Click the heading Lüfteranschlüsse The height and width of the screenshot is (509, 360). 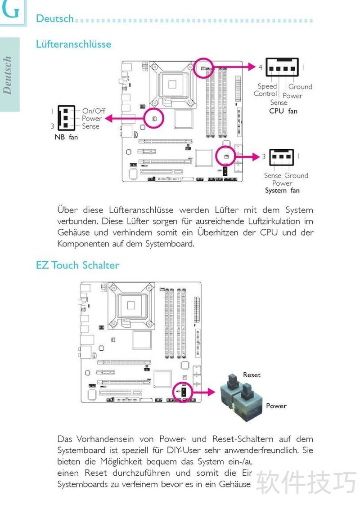[73, 44]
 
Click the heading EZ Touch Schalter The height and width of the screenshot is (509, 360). [77, 265]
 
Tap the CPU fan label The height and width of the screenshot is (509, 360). [283, 111]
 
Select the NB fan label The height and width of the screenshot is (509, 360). [66, 137]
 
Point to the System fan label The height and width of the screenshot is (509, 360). [282, 190]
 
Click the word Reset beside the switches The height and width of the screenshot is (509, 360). [252, 375]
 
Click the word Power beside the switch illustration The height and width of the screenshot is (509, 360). [276, 406]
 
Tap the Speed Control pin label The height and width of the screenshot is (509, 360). [266, 90]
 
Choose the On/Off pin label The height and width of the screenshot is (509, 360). [94, 111]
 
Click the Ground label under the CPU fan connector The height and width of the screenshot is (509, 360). [300, 86]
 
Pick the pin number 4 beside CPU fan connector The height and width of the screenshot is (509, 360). [260, 67]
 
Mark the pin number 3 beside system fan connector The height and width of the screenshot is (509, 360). [264, 156]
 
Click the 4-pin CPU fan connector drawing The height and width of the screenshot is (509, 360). [282, 67]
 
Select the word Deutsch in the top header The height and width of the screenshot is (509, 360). [54, 18]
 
